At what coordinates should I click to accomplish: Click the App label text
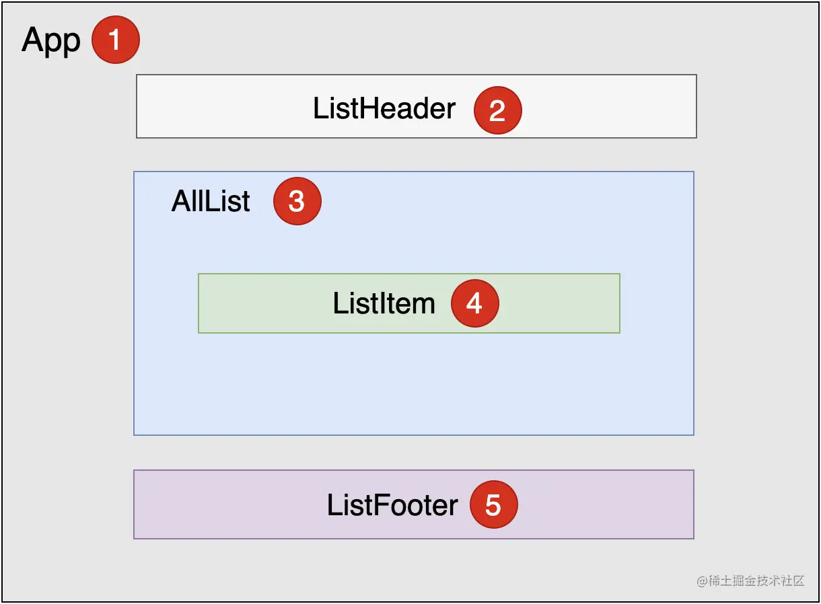(x=51, y=42)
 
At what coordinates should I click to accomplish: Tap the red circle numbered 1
(x=115, y=40)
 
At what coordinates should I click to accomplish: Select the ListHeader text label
(x=384, y=109)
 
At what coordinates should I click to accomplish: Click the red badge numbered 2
(x=497, y=110)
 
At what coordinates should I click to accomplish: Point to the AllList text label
(x=211, y=202)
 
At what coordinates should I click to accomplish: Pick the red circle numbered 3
(x=297, y=201)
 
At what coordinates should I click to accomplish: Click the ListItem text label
(x=384, y=304)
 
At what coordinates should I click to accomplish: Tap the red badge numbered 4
(x=474, y=303)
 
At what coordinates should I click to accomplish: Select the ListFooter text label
(x=392, y=506)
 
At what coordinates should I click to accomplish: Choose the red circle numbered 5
(x=493, y=504)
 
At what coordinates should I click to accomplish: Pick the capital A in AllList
(x=182, y=202)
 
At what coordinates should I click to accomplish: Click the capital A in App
(x=33, y=40)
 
